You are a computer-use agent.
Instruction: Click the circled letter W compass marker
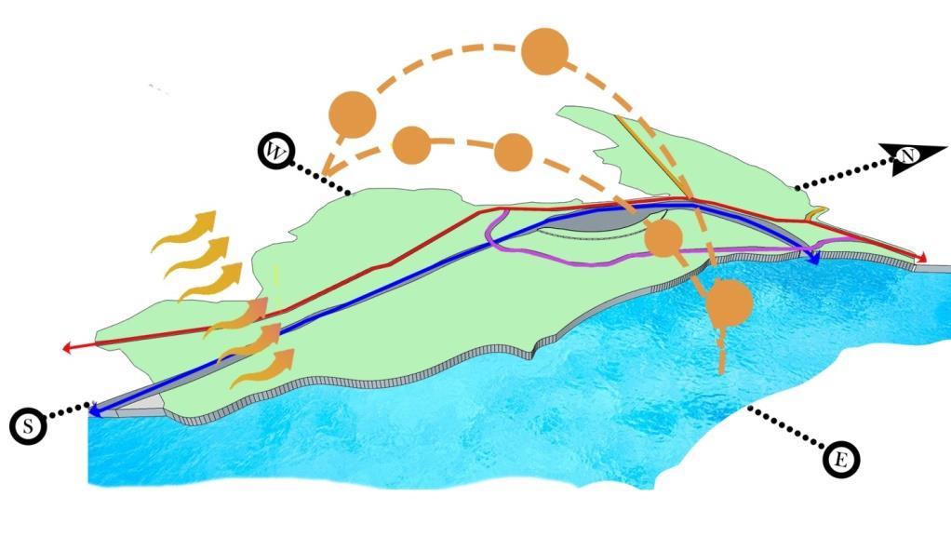coord(276,151)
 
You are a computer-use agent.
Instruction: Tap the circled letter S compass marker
coord(29,426)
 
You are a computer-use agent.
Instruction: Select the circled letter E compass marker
coord(841,458)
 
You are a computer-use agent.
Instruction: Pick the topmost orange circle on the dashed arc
coord(544,52)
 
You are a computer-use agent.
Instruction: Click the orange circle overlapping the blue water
coord(728,302)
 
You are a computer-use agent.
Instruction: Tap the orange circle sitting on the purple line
coord(664,238)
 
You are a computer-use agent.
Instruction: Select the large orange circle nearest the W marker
coord(352,114)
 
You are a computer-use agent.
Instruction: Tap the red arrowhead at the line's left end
coord(67,348)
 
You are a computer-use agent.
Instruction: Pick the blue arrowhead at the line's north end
coord(813,259)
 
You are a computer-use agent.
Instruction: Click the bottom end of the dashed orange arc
coord(721,369)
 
